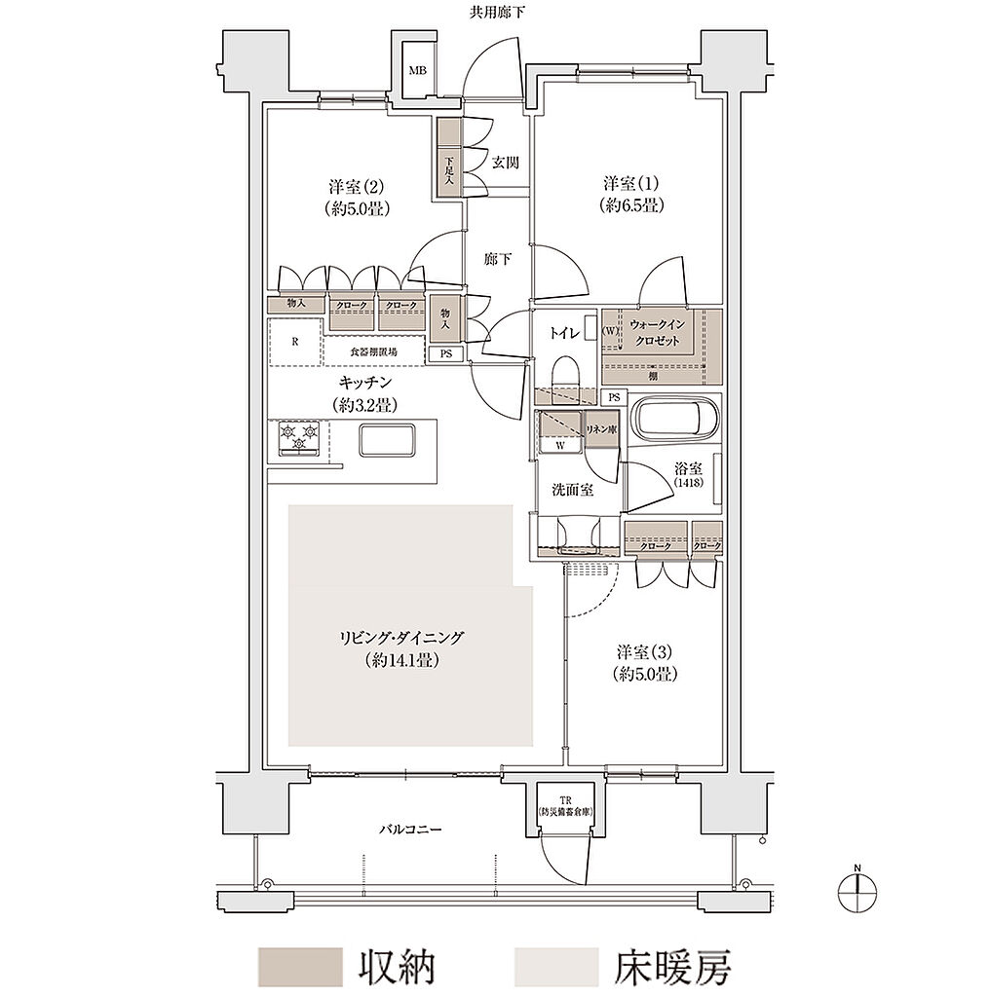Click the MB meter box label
pos(417,70)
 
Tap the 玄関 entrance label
pos(504,163)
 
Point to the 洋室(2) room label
pos(352,197)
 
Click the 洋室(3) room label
pos(645,662)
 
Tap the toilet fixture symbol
pos(564,374)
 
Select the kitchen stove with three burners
pos(299,437)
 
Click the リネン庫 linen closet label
pos(599,429)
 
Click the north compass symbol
pos(857,888)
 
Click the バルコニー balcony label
pos(410,831)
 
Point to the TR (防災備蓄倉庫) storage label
pos(564,806)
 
